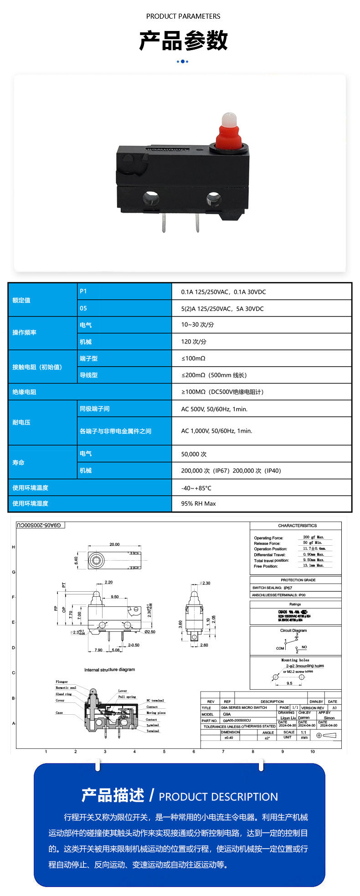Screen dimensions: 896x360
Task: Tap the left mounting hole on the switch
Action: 150,199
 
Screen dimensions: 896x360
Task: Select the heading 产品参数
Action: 183,41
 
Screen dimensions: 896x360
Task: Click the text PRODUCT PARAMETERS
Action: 183,16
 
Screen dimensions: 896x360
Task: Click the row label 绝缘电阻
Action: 24,392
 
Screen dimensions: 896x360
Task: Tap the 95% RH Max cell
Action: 198,503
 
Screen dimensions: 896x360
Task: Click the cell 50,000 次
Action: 194,454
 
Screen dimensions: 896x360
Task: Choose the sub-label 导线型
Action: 88,375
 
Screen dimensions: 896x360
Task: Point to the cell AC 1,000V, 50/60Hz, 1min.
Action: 216,431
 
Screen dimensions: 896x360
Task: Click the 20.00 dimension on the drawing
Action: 114,544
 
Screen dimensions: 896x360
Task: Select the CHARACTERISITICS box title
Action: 297,526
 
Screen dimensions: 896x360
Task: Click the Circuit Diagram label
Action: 293,630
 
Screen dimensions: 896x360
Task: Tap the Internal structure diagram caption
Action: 109,670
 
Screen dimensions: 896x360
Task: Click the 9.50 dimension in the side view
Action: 114,597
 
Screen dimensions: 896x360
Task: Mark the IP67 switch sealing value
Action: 288,588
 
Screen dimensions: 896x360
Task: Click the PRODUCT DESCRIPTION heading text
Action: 218,797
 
